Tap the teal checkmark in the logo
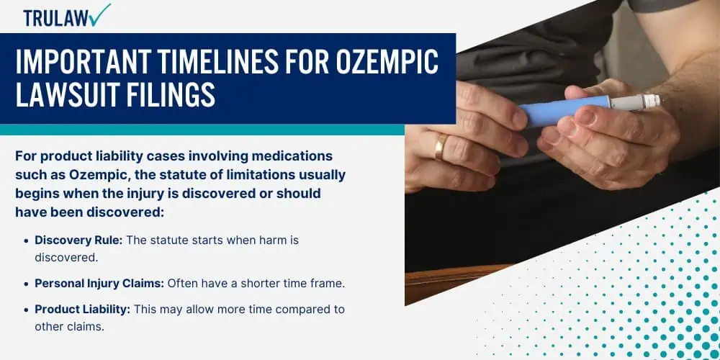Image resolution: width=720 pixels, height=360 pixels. pos(101,14)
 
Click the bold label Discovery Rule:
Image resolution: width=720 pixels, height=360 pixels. pos(78,240)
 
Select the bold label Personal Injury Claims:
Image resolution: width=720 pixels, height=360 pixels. pos(99,283)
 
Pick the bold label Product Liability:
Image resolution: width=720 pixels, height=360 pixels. pos(83,309)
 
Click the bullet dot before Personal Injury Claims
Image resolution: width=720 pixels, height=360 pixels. pos(26,284)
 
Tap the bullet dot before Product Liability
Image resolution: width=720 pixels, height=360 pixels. pos(26,310)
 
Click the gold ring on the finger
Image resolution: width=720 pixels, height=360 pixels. pos(441,146)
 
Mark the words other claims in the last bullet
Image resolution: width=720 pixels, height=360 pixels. pos(70,326)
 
